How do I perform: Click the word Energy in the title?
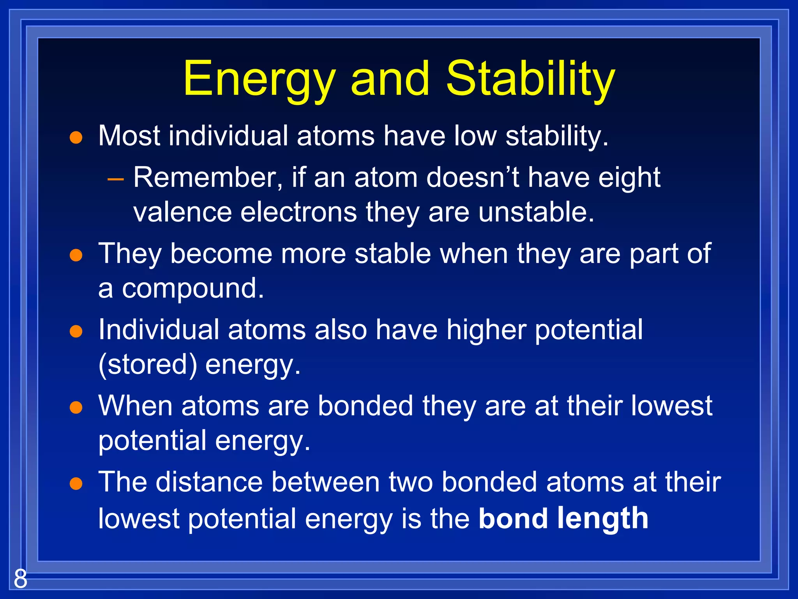click(259, 80)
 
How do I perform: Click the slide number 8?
click(20, 579)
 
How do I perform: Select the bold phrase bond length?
click(563, 519)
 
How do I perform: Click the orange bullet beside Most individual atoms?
click(76, 138)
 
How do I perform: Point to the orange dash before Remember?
click(115, 179)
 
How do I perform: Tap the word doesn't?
click(472, 178)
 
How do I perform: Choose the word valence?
click(183, 213)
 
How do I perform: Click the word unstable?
click(536, 213)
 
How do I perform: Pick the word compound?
click(193, 289)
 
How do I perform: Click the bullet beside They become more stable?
click(76, 255)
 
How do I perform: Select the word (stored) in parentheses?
click(148, 365)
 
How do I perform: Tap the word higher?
click(486, 330)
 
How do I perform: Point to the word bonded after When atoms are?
click(365, 406)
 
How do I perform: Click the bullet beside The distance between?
click(76, 484)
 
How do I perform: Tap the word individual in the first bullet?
click(228, 136)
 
